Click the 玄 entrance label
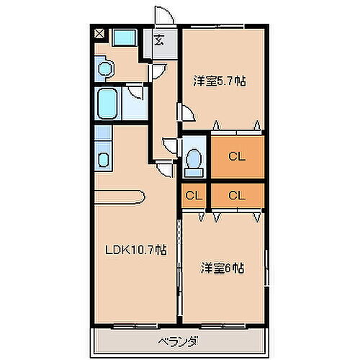tap(158, 40)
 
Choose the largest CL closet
tap(237, 155)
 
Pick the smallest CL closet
tap(193, 194)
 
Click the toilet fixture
tap(193, 162)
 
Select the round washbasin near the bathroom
tap(105, 68)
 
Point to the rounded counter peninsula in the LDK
tap(122, 194)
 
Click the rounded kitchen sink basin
tap(103, 159)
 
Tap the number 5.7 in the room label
tap(228, 81)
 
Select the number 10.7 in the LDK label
tap(145, 251)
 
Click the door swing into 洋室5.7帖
tap(185, 114)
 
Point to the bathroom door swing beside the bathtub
tap(134, 96)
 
